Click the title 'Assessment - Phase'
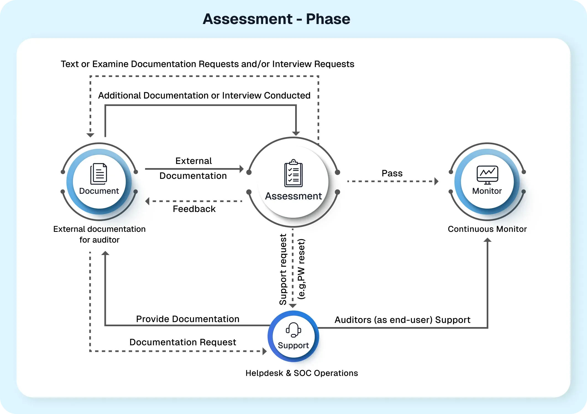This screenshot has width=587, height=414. pos(276,19)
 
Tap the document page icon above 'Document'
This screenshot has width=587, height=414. pos(99,174)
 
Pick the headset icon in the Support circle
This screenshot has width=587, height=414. pos(293,330)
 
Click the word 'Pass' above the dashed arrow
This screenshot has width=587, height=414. pos(392,173)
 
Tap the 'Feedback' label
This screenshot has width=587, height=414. pos(194,209)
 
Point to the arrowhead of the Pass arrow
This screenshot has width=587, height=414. pos(436,181)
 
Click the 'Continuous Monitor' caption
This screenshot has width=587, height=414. pos(487,229)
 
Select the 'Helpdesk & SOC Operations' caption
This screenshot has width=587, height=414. pos(302,373)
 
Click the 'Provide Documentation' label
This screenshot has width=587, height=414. pos(188,319)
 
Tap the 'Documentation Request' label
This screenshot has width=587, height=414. pos(183,342)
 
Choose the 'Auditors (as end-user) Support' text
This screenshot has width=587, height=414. pos(402,320)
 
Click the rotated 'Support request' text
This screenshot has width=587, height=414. pos(283,269)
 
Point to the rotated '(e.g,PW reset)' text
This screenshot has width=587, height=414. pos(301,269)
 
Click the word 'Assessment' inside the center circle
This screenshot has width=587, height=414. pos(293,196)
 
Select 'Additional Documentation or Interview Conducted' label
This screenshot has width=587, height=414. pos(204,95)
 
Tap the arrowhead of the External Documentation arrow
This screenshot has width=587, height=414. pos(241,169)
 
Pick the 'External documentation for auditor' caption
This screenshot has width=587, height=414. pos(99,234)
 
